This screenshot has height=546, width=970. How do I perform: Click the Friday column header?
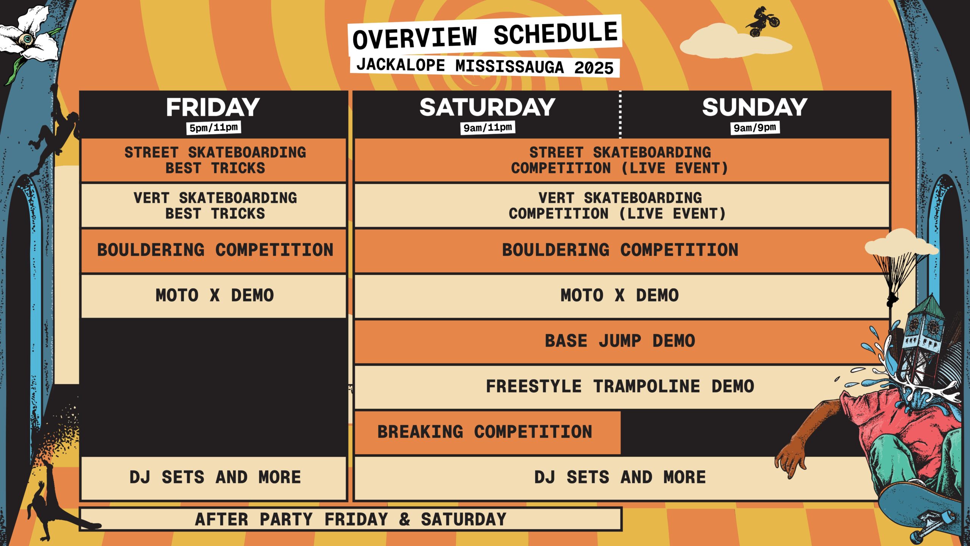click(x=213, y=107)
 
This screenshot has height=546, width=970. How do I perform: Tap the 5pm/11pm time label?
click(x=214, y=128)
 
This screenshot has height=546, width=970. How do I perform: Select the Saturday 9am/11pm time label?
click(x=488, y=128)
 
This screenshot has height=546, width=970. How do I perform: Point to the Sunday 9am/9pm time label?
click(x=755, y=128)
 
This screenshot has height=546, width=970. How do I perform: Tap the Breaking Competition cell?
click(x=487, y=432)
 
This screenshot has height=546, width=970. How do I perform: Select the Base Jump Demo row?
click(x=620, y=341)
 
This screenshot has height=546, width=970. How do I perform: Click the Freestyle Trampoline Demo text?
click(x=620, y=386)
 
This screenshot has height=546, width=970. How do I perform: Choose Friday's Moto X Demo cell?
click(x=214, y=296)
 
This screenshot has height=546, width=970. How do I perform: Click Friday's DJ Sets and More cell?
click(x=214, y=478)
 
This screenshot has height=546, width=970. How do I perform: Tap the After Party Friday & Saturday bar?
click(x=350, y=519)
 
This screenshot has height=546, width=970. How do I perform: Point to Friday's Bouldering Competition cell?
click(x=214, y=250)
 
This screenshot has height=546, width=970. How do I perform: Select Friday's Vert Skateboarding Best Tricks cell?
click(x=214, y=206)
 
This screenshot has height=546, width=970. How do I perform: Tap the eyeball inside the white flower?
click(x=27, y=38)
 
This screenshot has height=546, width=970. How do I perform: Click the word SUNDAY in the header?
click(x=755, y=107)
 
